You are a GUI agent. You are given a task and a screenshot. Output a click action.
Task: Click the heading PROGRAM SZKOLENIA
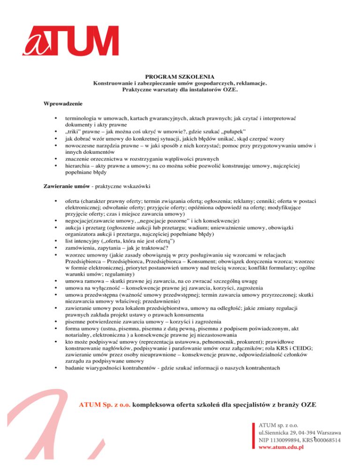click(180, 76)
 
